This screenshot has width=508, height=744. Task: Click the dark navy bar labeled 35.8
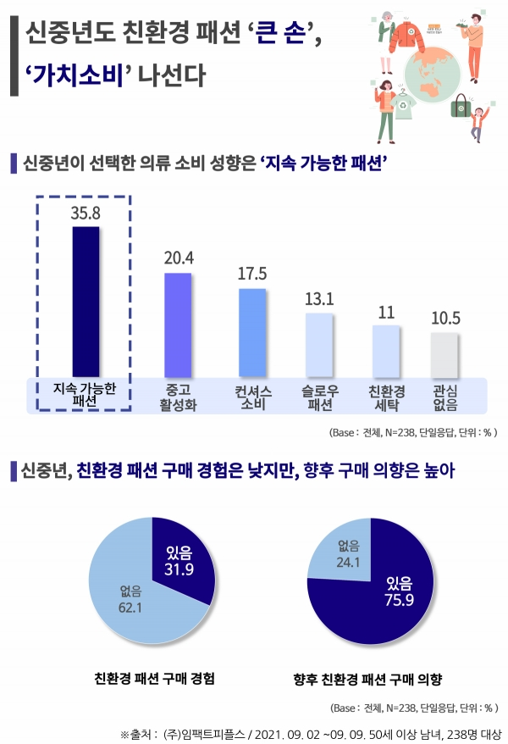click(x=86, y=301)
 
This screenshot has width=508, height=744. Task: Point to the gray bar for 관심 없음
click(x=444, y=354)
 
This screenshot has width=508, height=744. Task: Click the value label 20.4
click(x=178, y=258)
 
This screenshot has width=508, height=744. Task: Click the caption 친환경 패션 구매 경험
click(x=154, y=679)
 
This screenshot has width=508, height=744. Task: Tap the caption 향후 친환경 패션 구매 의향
click(x=368, y=679)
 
